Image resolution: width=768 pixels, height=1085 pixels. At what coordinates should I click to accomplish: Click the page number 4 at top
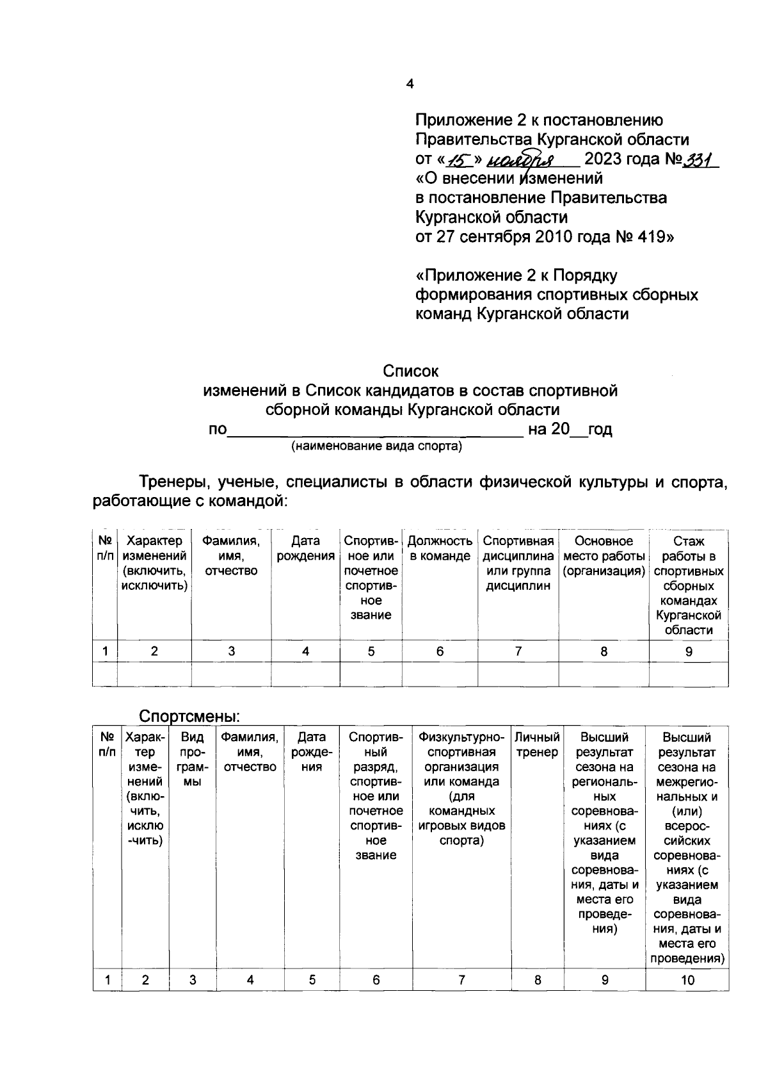[410, 84]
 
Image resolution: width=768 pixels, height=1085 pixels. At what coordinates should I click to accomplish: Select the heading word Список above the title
[410, 371]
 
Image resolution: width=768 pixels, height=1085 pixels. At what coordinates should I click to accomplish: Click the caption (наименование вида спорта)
[377, 446]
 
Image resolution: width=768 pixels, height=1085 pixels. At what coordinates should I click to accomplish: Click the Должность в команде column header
[440, 549]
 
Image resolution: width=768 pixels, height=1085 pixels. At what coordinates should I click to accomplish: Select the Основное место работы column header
[604, 556]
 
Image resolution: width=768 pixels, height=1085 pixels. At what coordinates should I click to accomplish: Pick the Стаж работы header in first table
[689, 585]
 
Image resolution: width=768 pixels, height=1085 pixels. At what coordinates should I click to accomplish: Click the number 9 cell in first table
[689, 652]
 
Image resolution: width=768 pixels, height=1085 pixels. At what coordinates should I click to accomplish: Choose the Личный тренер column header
[538, 745]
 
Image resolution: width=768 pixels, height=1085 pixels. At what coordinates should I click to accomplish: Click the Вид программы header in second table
[193, 760]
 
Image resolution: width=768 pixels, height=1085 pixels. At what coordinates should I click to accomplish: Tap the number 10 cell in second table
[687, 980]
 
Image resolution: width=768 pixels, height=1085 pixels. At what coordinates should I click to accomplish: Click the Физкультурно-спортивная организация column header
[461, 788]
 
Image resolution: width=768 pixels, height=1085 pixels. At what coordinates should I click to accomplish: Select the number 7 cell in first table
[518, 652]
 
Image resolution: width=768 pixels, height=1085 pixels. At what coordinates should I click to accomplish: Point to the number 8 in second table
[538, 980]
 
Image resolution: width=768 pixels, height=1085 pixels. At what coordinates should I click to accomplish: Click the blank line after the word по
[376, 430]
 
